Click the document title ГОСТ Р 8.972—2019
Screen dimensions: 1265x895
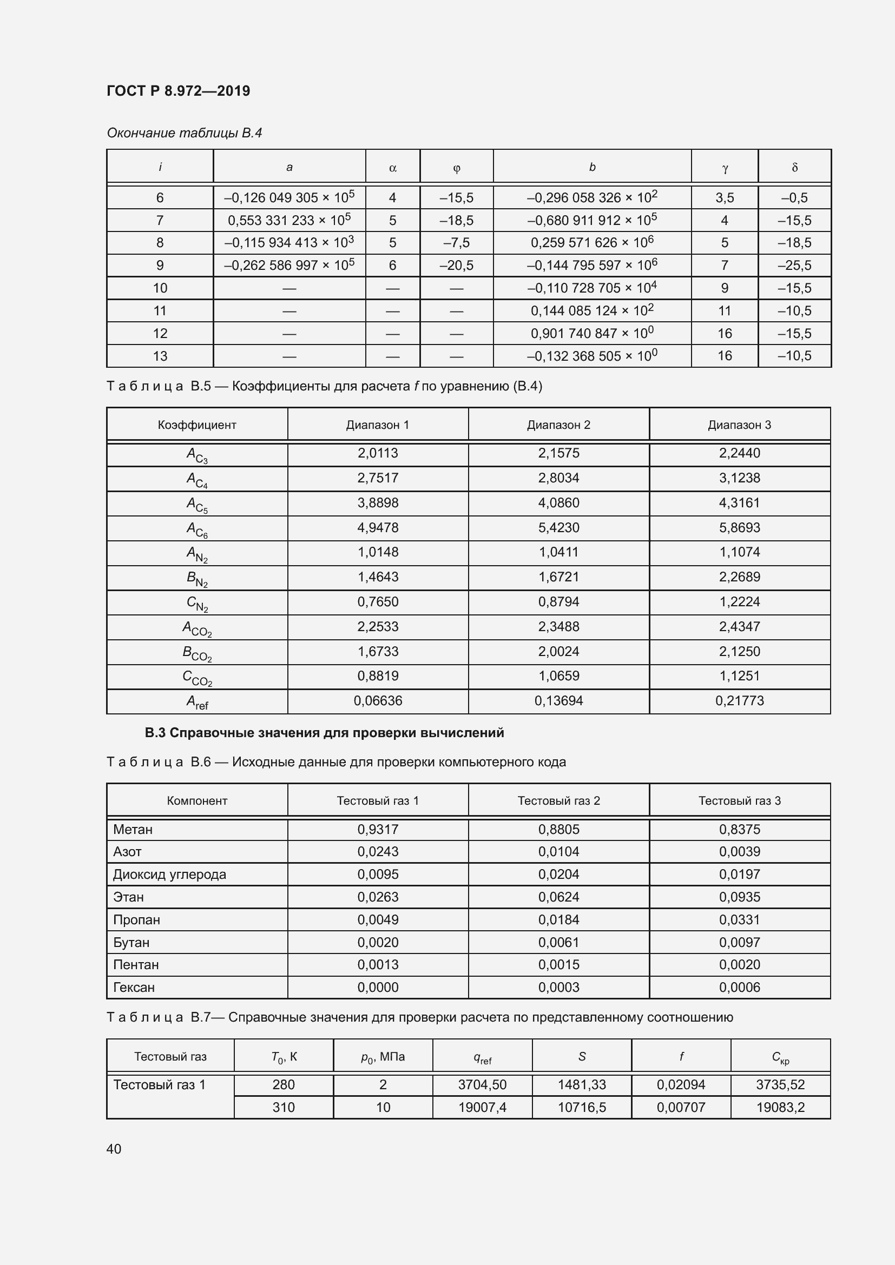point(178,91)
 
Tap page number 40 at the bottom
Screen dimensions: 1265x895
point(114,1149)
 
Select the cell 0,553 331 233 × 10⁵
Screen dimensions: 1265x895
point(289,220)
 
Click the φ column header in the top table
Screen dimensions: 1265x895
point(456,168)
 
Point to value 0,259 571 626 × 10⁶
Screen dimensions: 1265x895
point(592,242)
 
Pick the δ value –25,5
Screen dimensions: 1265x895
point(794,266)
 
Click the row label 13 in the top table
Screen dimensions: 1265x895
point(160,356)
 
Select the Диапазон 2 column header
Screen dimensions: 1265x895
point(558,425)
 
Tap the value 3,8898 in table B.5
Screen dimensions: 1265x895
point(378,502)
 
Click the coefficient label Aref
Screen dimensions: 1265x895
point(197,701)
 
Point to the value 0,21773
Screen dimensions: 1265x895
point(739,701)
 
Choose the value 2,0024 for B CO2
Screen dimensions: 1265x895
point(558,651)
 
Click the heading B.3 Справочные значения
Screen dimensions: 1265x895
point(324,733)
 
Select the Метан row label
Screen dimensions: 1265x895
point(133,829)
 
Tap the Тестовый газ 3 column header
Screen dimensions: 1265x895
point(739,800)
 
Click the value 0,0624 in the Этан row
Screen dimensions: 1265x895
point(558,897)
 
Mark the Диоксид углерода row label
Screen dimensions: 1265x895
point(169,875)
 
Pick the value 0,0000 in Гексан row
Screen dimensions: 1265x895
point(378,988)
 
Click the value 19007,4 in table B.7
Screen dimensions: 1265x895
point(482,1107)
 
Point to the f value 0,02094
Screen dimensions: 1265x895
point(681,1084)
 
